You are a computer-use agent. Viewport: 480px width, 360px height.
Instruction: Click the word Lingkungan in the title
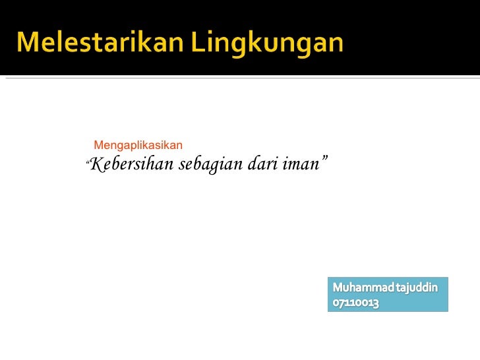(x=268, y=44)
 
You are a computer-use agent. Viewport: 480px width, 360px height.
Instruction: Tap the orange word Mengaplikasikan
(x=138, y=144)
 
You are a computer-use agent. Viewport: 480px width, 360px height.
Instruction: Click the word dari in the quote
(x=262, y=164)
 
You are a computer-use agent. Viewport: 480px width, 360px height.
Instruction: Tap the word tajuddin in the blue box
(x=419, y=288)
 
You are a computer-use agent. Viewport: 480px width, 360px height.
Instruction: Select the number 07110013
(x=356, y=304)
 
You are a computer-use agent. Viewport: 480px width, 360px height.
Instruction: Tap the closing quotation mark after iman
(x=324, y=159)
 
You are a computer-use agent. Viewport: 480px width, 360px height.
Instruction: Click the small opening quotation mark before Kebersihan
(x=88, y=160)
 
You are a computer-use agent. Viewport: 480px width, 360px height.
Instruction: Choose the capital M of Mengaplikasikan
(x=99, y=144)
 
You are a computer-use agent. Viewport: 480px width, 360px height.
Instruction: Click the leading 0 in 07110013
(x=336, y=304)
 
